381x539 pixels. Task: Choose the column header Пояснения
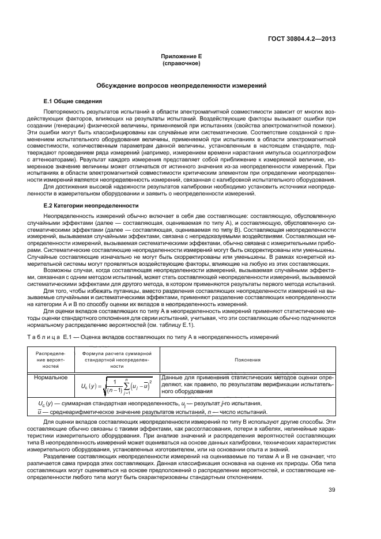point(248,359)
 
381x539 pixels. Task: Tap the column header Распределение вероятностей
point(51,359)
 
